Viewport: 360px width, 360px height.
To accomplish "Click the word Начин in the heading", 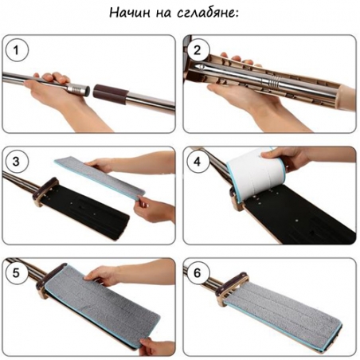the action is pyautogui.click(x=130, y=13).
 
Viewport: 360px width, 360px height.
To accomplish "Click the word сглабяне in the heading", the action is pyautogui.click(x=207, y=14).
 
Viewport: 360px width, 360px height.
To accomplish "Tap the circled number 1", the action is pyautogui.click(x=17, y=50).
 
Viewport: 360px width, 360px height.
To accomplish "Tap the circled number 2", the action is pyautogui.click(x=198, y=50).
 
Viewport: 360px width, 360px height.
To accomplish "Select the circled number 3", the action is pyautogui.click(x=17, y=162).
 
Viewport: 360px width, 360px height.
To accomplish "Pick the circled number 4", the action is pyautogui.click(x=198, y=162).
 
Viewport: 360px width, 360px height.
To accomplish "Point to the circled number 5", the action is pyautogui.click(x=17, y=273).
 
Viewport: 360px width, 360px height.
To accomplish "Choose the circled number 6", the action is pyautogui.click(x=198, y=273).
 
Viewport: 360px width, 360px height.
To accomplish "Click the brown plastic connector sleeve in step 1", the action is pyautogui.click(x=111, y=94).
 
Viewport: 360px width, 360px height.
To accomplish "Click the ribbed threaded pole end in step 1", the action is pyautogui.click(x=78, y=88).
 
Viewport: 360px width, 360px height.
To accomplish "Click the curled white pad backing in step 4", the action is pyautogui.click(x=256, y=174).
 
